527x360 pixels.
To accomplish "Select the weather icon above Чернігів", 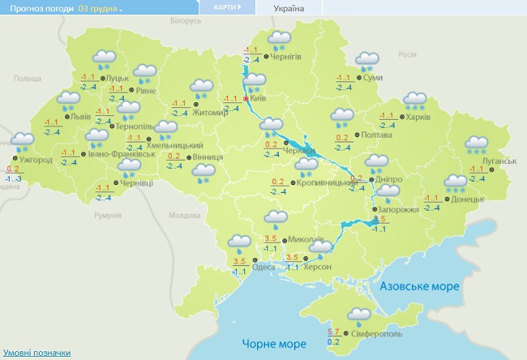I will [281, 40].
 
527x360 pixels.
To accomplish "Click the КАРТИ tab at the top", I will [226, 7].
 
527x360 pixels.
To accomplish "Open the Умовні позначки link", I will [36, 353].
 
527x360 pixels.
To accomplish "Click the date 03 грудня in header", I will [99, 8].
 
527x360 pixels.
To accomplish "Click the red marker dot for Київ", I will [246, 99].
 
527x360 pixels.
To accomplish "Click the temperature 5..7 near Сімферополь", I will [333, 332].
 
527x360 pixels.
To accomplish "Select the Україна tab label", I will [289, 8].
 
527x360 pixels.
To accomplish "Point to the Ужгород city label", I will [36, 161].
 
